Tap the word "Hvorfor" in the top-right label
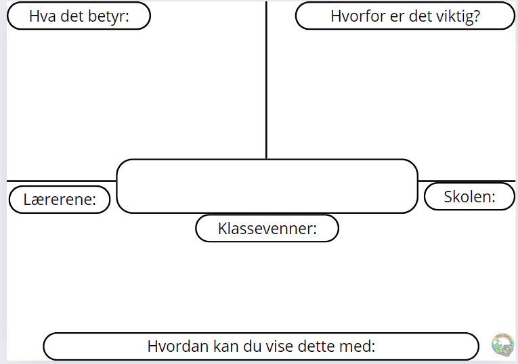tap(358, 16)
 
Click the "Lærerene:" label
tap(60, 200)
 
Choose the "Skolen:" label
tap(469, 197)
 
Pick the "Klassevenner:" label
tap(267, 229)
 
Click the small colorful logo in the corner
tap(502, 345)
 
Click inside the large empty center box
tap(267, 187)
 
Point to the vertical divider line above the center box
tap(266, 81)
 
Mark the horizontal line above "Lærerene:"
tap(62, 181)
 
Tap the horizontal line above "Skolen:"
tap(467, 181)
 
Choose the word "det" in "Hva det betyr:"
tap(72, 16)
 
